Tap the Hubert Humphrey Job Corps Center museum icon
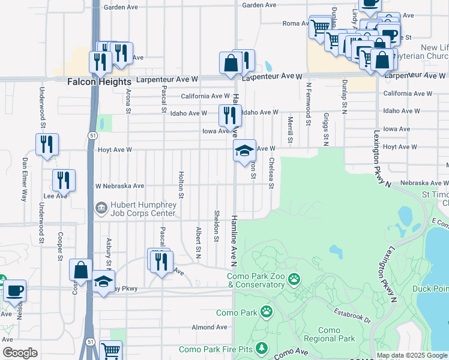point(100,208)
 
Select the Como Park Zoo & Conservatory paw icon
point(294,278)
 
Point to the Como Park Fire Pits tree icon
point(261,348)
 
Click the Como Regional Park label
point(329,335)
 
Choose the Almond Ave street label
point(209,327)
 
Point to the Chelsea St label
point(271,173)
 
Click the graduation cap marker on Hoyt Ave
point(244,151)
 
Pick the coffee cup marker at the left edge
point(14,291)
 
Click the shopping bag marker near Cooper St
point(80,271)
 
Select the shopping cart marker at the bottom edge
point(110,350)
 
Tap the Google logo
point(20,353)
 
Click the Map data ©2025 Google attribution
point(412,355)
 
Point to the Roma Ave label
point(295,24)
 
